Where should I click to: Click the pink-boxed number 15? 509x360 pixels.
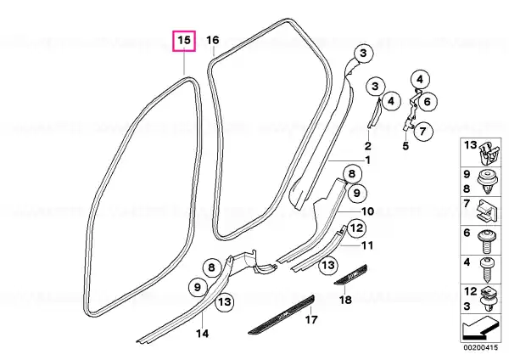(x=184, y=41)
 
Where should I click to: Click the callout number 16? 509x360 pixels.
(x=213, y=40)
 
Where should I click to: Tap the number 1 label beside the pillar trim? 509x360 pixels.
(x=367, y=160)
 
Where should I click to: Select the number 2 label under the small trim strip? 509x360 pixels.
(x=367, y=145)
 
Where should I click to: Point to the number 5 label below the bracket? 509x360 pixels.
(x=406, y=146)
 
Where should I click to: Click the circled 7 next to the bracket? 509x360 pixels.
(x=422, y=132)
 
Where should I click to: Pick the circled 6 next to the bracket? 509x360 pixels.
(x=428, y=102)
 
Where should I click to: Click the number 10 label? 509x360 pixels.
(x=367, y=211)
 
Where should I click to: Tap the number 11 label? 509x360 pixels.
(x=367, y=245)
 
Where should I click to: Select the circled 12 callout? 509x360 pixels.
(x=356, y=228)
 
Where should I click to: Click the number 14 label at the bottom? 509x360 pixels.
(x=202, y=334)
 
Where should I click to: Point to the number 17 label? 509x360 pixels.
(x=311, y=320)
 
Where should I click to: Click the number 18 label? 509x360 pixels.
(x=345, y=299)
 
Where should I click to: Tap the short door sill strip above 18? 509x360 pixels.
(x=350, y=274)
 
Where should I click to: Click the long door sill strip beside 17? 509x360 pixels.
(x=281, y=314)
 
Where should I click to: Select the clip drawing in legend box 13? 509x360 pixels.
(x=488, y=154)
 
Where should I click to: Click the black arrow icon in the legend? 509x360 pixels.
(x=480, y=327)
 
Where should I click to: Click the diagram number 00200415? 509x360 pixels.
(x=480, y=347)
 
